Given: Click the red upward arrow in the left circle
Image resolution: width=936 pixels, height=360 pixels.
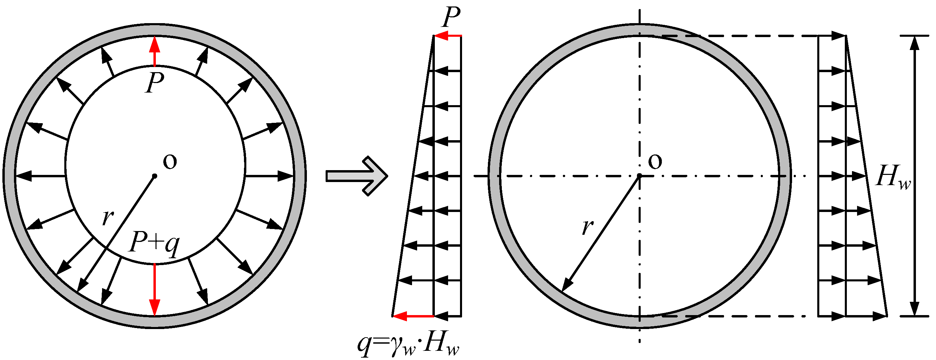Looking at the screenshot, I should pyautogui.click(x=155, y=51).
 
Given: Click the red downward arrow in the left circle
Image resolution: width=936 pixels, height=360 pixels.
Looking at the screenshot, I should pyautogui.click(x=155, y=289).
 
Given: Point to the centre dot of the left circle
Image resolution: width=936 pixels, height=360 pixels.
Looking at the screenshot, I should pyautogui.click(x=154, y=176).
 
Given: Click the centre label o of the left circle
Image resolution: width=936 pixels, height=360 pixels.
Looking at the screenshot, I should pyautogui.click(x=170, y=162).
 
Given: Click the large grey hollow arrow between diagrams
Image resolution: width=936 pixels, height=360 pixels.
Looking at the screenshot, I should pyautogui.click(x=357, y=176).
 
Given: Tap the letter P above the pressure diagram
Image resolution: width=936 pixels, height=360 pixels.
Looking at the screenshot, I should pyautogui.click(x=451, y=17).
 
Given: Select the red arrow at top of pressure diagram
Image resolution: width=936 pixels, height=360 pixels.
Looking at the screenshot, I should pyautogui.click(x=448, y=36).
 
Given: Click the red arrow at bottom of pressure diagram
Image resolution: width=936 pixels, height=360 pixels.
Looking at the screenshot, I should pyautogui.click(x=413, y=316).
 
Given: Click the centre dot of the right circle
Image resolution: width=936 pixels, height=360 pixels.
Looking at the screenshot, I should pyautogui.click(x=640, y=176).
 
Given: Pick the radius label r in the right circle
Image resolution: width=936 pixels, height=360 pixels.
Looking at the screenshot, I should pyautogui.click(x=588, y=227).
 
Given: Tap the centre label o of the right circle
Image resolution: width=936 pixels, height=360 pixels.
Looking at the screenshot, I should pyautogui.click(x=655, y=162).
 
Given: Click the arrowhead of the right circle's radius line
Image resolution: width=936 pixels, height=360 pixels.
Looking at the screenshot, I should pyautogui.click(x=567, y=285).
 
